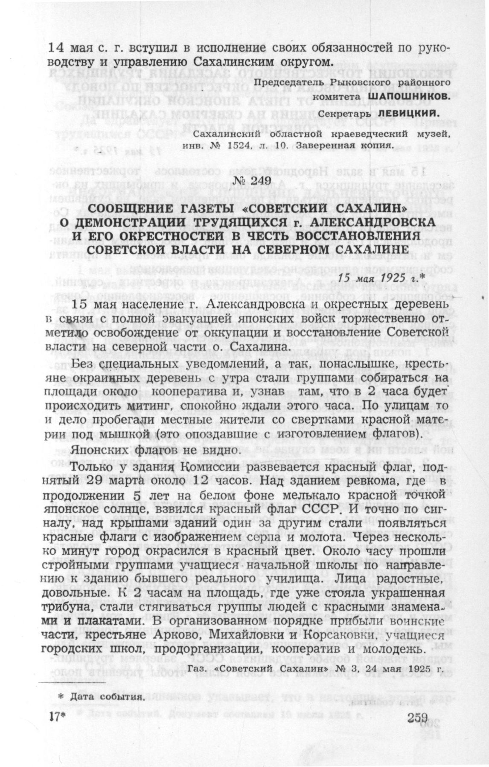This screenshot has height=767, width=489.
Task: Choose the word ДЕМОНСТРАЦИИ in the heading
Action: [x=135, y=222]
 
